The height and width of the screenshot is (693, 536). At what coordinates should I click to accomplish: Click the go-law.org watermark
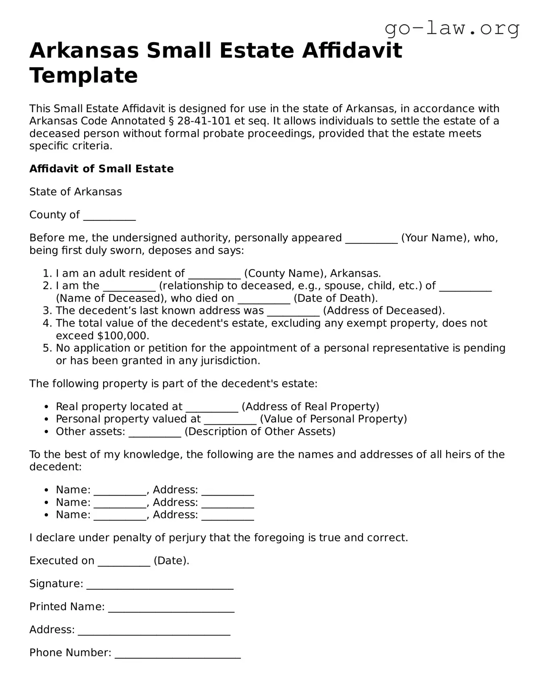pos(452,28)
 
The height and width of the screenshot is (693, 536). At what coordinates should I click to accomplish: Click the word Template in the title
pos(84,75)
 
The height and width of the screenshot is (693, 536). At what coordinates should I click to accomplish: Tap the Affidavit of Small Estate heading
pos(101,169)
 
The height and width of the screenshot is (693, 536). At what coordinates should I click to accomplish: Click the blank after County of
pos(110,216)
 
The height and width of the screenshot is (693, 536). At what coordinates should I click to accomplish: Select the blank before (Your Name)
pos(371,239)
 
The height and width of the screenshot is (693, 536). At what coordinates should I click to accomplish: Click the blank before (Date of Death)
pos(264,299)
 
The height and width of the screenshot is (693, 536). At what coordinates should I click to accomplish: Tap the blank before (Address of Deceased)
pos(293,312)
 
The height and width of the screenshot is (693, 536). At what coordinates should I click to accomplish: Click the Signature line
pos(160,585)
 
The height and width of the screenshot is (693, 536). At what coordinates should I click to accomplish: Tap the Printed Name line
pos(171,608)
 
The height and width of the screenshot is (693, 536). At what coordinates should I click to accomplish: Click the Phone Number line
pos(178,654)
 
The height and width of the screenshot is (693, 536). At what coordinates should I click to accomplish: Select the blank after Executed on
pos(124,562)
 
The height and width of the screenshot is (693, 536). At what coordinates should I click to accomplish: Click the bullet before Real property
pos(47,407)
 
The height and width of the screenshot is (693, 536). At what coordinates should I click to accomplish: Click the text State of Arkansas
pos(75,192)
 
